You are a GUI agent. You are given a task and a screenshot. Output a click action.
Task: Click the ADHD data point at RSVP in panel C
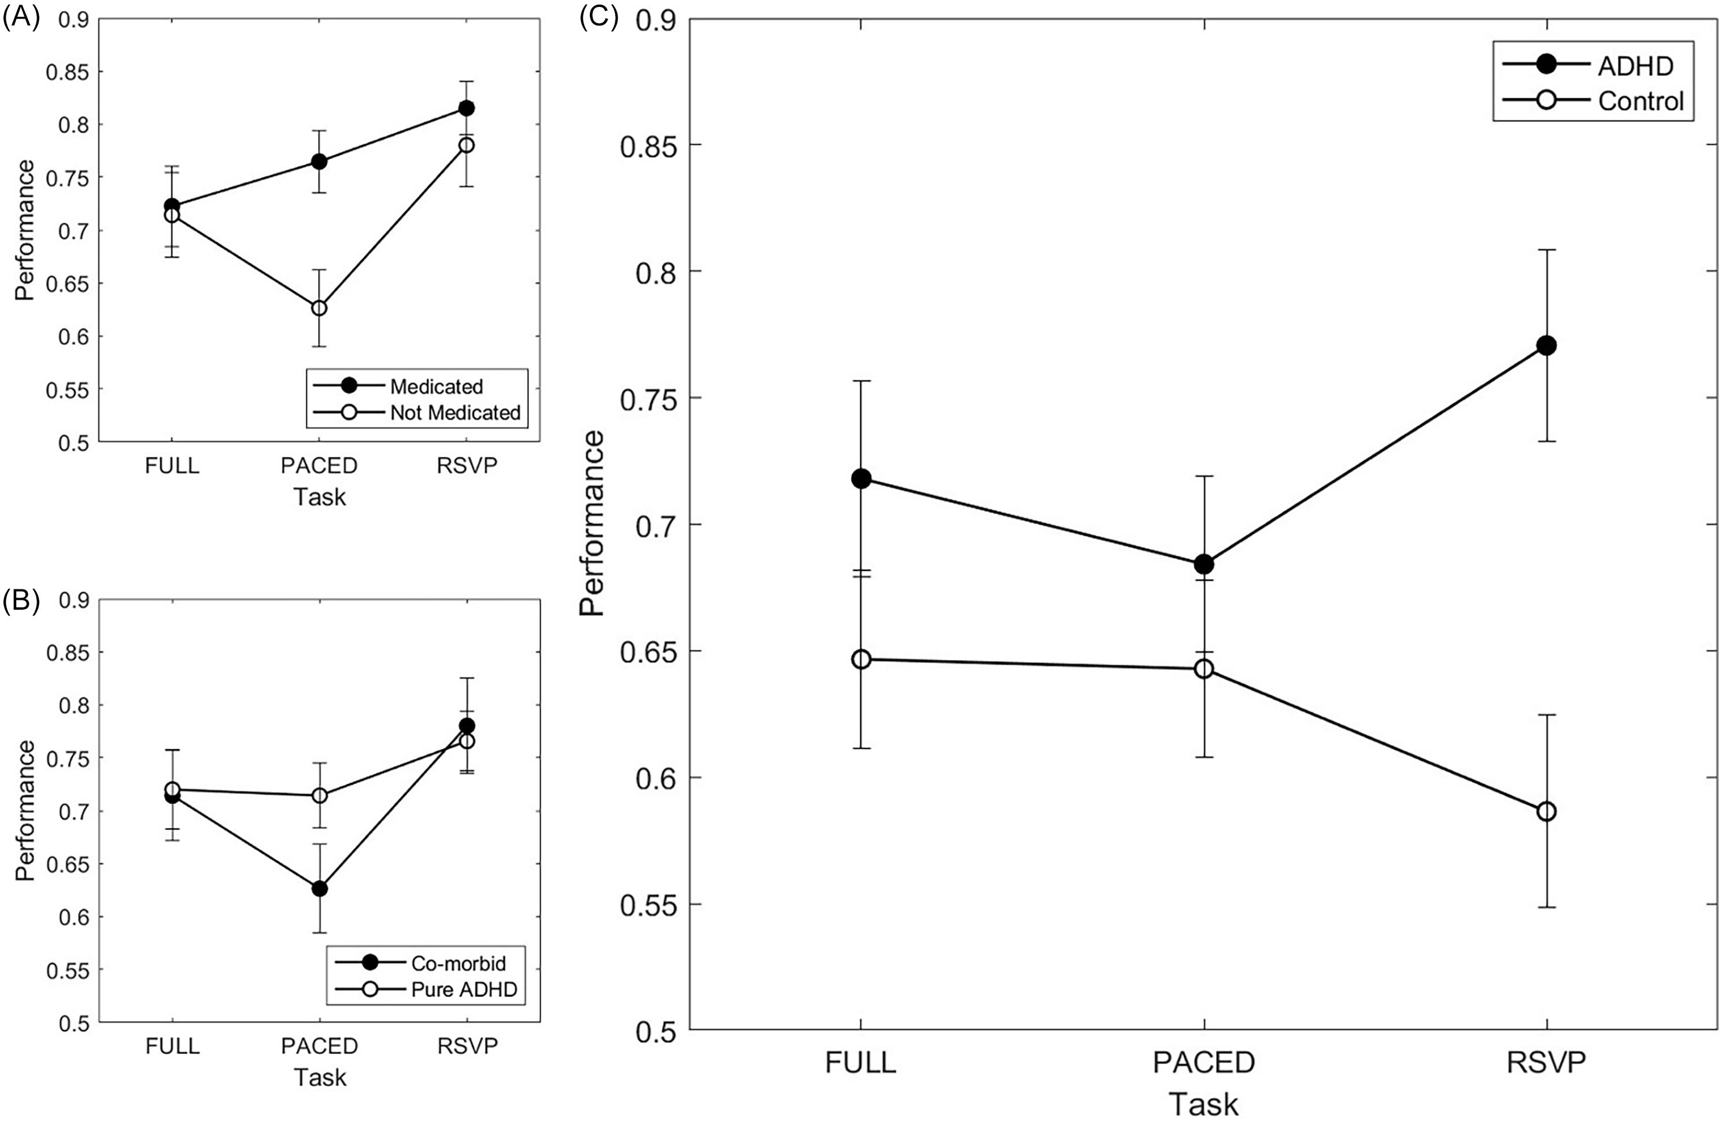pos(1546,345)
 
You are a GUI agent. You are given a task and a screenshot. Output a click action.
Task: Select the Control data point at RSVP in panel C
pos(1546,812)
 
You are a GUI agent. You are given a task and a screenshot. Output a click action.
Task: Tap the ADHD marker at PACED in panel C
pos(1203,564)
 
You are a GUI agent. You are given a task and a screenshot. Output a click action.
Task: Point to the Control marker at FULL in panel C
pos(861,659)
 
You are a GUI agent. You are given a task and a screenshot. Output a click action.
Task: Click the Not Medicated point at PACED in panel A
pos(319,308)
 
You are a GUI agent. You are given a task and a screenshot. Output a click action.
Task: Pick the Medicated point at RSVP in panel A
pos(467,108)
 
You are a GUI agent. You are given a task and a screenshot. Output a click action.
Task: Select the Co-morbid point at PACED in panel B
pos(319,888)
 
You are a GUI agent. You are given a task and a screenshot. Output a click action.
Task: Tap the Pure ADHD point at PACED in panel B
pos(319,795)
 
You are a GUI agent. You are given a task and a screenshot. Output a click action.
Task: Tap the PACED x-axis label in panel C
pos(1203,1063)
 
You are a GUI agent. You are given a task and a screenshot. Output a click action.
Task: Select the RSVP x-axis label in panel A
pos(467,465)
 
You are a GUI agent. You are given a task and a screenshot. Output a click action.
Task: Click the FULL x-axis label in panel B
pos(172,1046)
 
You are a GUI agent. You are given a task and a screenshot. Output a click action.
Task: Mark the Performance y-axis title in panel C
pos(592,525)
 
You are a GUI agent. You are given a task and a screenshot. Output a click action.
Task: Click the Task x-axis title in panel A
pos(319,497)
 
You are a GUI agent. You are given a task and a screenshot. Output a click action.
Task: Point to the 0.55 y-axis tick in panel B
pos(64,971)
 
